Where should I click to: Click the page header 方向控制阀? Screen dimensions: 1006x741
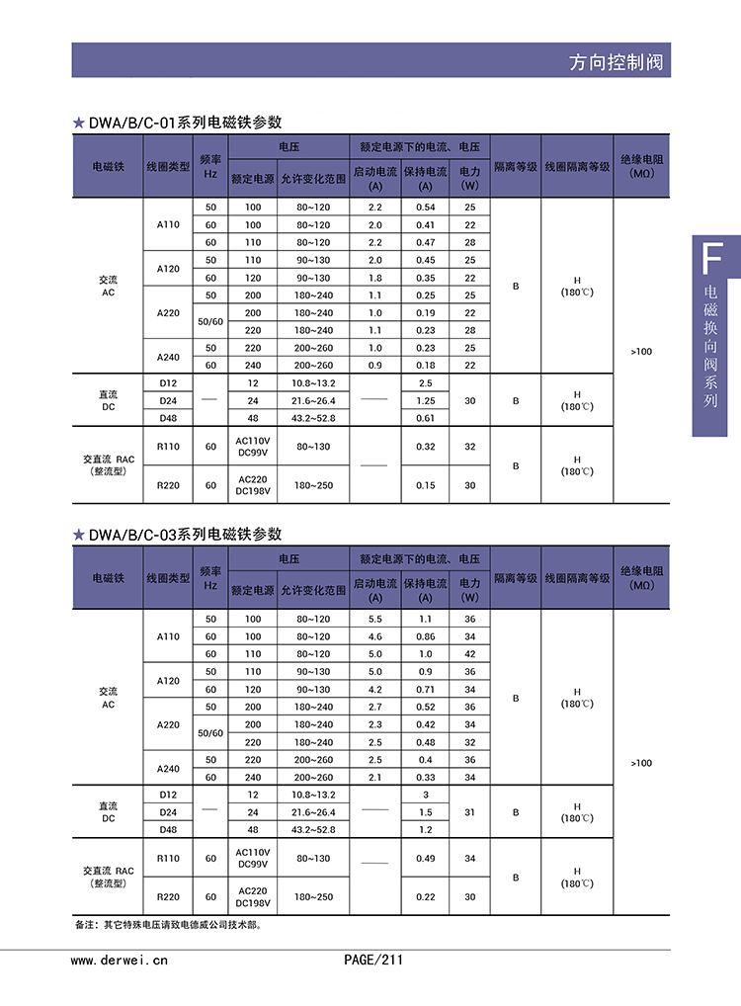[618, 62]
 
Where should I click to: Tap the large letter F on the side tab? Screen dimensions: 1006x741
[709, 260]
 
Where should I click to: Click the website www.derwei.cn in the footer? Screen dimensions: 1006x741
[120, 959]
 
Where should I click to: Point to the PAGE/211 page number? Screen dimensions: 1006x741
[373, 959]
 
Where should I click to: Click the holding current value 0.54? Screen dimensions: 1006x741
[425, 208]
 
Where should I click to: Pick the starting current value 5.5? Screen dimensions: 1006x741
[374, 619]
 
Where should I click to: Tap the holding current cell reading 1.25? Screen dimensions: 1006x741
[425, 400]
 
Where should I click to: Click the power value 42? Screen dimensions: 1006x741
[469, 654]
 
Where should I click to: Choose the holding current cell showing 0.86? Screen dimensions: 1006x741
[425, 636]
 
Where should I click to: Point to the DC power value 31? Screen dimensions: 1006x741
[469, 812]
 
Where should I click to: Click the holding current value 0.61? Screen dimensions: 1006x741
[425, 418]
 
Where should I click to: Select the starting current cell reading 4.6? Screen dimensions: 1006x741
[374, 636]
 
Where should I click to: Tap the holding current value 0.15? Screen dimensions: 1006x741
[425, 485]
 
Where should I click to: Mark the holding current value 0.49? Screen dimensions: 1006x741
[425, 858]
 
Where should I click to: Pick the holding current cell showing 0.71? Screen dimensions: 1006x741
[425, 689]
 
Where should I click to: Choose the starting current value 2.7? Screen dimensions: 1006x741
[374, 707]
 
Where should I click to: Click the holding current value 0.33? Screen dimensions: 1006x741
[425, 777]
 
